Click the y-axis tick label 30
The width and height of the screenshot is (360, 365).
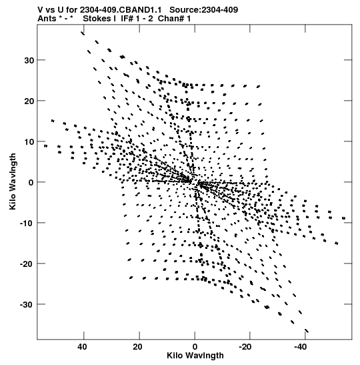point(29,60)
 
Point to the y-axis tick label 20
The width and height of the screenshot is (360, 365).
point(29,101)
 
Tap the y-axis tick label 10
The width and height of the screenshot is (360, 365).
point(29,141)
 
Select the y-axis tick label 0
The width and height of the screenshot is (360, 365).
point(31,183)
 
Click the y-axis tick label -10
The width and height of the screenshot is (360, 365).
point(27,224)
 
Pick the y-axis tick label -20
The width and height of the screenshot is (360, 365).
point(27,264)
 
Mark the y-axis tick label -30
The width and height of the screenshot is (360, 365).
point(27,305)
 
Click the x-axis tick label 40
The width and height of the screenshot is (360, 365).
point(82,347)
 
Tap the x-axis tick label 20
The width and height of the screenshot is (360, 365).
point(138,347)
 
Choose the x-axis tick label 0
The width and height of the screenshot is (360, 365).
point(195,347)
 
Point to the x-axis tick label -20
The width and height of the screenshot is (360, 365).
point(245,347)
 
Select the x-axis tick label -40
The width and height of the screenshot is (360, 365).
point(301,347)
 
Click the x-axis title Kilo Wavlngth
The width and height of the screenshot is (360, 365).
point(195,356)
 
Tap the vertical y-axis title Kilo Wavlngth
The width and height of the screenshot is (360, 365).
point(13,181)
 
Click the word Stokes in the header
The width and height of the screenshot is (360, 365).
point(97,19)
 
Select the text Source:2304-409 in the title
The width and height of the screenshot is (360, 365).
point(204,10)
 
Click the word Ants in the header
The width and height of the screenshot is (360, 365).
point(47,19)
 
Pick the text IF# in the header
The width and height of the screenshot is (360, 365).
point(127,19)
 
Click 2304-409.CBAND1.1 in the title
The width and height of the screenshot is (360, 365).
point(121,10)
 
